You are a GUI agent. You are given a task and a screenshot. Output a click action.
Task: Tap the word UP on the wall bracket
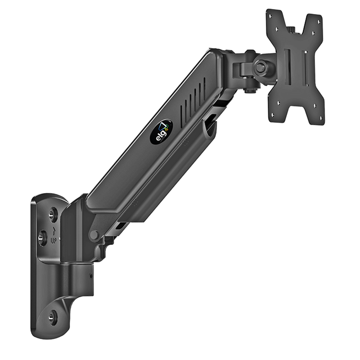click(x=53, y=241)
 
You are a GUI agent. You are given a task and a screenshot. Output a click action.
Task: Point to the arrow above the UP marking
click(x=54, y=231)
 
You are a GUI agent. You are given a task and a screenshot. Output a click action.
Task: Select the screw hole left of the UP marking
click(x=42, y=238)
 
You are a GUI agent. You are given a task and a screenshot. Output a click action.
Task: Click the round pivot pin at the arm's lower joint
click(x=95, y=235)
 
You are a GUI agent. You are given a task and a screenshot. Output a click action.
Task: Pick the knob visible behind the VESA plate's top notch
click(x=291, y=30)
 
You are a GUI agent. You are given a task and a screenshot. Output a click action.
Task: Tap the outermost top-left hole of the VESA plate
click(x=270, y=16)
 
